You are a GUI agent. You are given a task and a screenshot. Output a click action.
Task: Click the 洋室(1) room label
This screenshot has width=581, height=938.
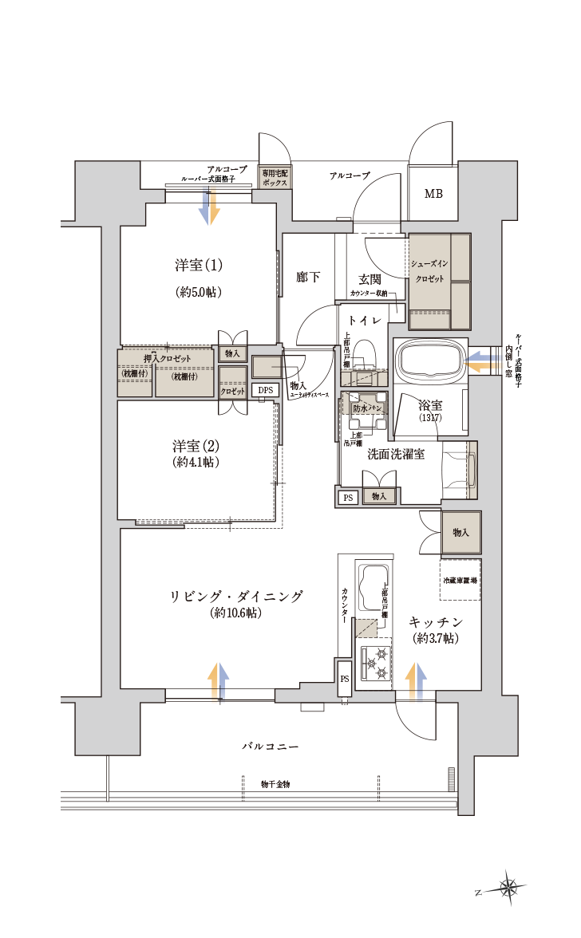199,265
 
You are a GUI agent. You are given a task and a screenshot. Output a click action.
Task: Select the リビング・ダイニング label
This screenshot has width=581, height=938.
237,597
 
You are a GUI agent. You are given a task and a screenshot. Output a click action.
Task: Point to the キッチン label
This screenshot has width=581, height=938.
435,622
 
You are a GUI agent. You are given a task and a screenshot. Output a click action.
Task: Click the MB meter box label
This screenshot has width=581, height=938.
433,194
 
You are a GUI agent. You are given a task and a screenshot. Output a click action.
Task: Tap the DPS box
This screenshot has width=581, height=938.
263,390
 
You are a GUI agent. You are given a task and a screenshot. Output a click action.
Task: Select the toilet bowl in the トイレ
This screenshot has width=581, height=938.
365,354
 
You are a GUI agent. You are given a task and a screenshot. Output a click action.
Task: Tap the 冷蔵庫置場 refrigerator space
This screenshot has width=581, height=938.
460,582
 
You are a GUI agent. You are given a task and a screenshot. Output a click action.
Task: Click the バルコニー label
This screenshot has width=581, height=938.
271,746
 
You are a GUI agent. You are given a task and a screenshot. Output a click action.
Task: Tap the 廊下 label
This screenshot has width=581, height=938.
307,277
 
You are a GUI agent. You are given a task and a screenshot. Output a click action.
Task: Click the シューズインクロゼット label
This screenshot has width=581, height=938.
429,271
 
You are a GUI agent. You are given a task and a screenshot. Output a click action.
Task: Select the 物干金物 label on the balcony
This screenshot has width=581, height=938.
275,785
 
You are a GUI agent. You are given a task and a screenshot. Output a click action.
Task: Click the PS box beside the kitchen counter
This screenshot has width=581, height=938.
344,679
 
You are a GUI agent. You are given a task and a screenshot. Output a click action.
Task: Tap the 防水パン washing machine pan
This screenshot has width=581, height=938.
364,408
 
